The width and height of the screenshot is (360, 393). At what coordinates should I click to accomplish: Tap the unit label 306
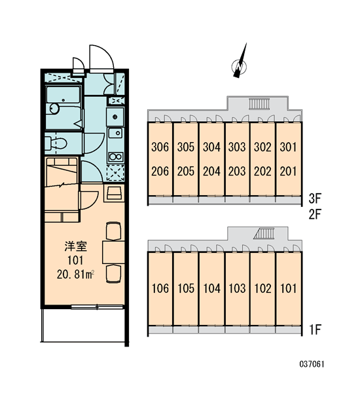[x=160, y=147]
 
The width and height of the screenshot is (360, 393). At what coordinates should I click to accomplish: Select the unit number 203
[x=237, y=172]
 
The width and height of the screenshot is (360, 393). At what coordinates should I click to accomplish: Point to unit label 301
[x=288, y=147]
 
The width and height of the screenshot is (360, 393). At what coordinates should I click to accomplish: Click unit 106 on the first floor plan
[x=160, y=288]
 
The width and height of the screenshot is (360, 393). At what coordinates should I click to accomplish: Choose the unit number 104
[x=211, y=288]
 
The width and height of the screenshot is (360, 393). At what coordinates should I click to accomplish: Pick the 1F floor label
[x=315, y=329]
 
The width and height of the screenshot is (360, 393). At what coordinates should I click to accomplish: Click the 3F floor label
[x=315, y=198]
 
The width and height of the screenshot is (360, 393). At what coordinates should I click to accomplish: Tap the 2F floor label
[x=315, y=214]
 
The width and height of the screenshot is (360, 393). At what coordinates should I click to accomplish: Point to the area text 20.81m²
[x=75, y=274]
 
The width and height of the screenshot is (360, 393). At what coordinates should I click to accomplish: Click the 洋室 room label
[x=76, y=247]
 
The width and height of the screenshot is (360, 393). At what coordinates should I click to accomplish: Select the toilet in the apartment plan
[x=56, y=143]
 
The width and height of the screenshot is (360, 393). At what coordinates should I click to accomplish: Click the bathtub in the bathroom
[x=63, y=95]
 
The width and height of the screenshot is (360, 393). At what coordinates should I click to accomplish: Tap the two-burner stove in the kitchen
[x=115, y=157]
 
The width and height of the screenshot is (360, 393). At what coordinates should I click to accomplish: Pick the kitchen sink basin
[x=115, y=132]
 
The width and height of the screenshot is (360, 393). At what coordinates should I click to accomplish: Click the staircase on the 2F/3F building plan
[x=259, y=104]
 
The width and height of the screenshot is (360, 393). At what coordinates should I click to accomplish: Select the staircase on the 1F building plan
[x=264, y=233]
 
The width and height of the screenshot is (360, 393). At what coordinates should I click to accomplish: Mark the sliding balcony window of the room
[x=98, y=307]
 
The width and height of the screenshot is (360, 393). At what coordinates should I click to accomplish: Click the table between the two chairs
[x=113, y=252]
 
